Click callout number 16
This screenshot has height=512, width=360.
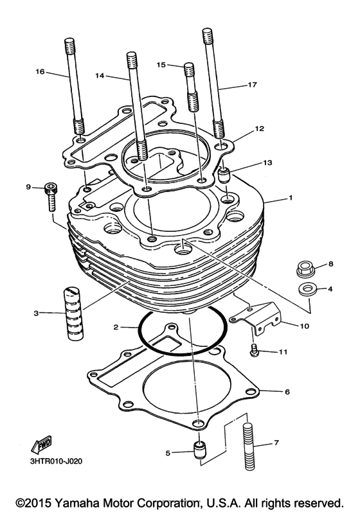(x=40, y=72)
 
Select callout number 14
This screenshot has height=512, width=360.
(x=99, y=75)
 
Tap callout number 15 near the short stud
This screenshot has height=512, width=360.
(x=161, y=64)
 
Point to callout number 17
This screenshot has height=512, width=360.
(x=251, y=85)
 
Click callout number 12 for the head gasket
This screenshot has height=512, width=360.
(x=258, y=128)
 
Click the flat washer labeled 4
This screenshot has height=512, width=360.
(x=307, y=288)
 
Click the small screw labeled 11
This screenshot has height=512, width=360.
(x=255, y=350)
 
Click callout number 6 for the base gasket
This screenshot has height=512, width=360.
(x=287, y=391)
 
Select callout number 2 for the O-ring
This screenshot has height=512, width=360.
(x=116, y=327)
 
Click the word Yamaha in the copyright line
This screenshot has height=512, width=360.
(x=78, y=500)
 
